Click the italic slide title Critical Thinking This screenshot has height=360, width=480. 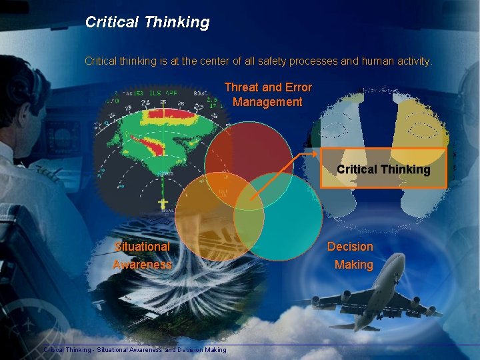coord(147,23)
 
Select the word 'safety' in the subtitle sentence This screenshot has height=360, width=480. coord(265,61)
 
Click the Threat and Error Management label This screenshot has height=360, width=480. coord(267,95)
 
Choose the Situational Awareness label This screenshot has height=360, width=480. coord(142,255)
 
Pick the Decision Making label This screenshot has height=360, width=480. coord(350,255)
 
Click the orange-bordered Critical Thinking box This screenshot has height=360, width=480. coord(383,169)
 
